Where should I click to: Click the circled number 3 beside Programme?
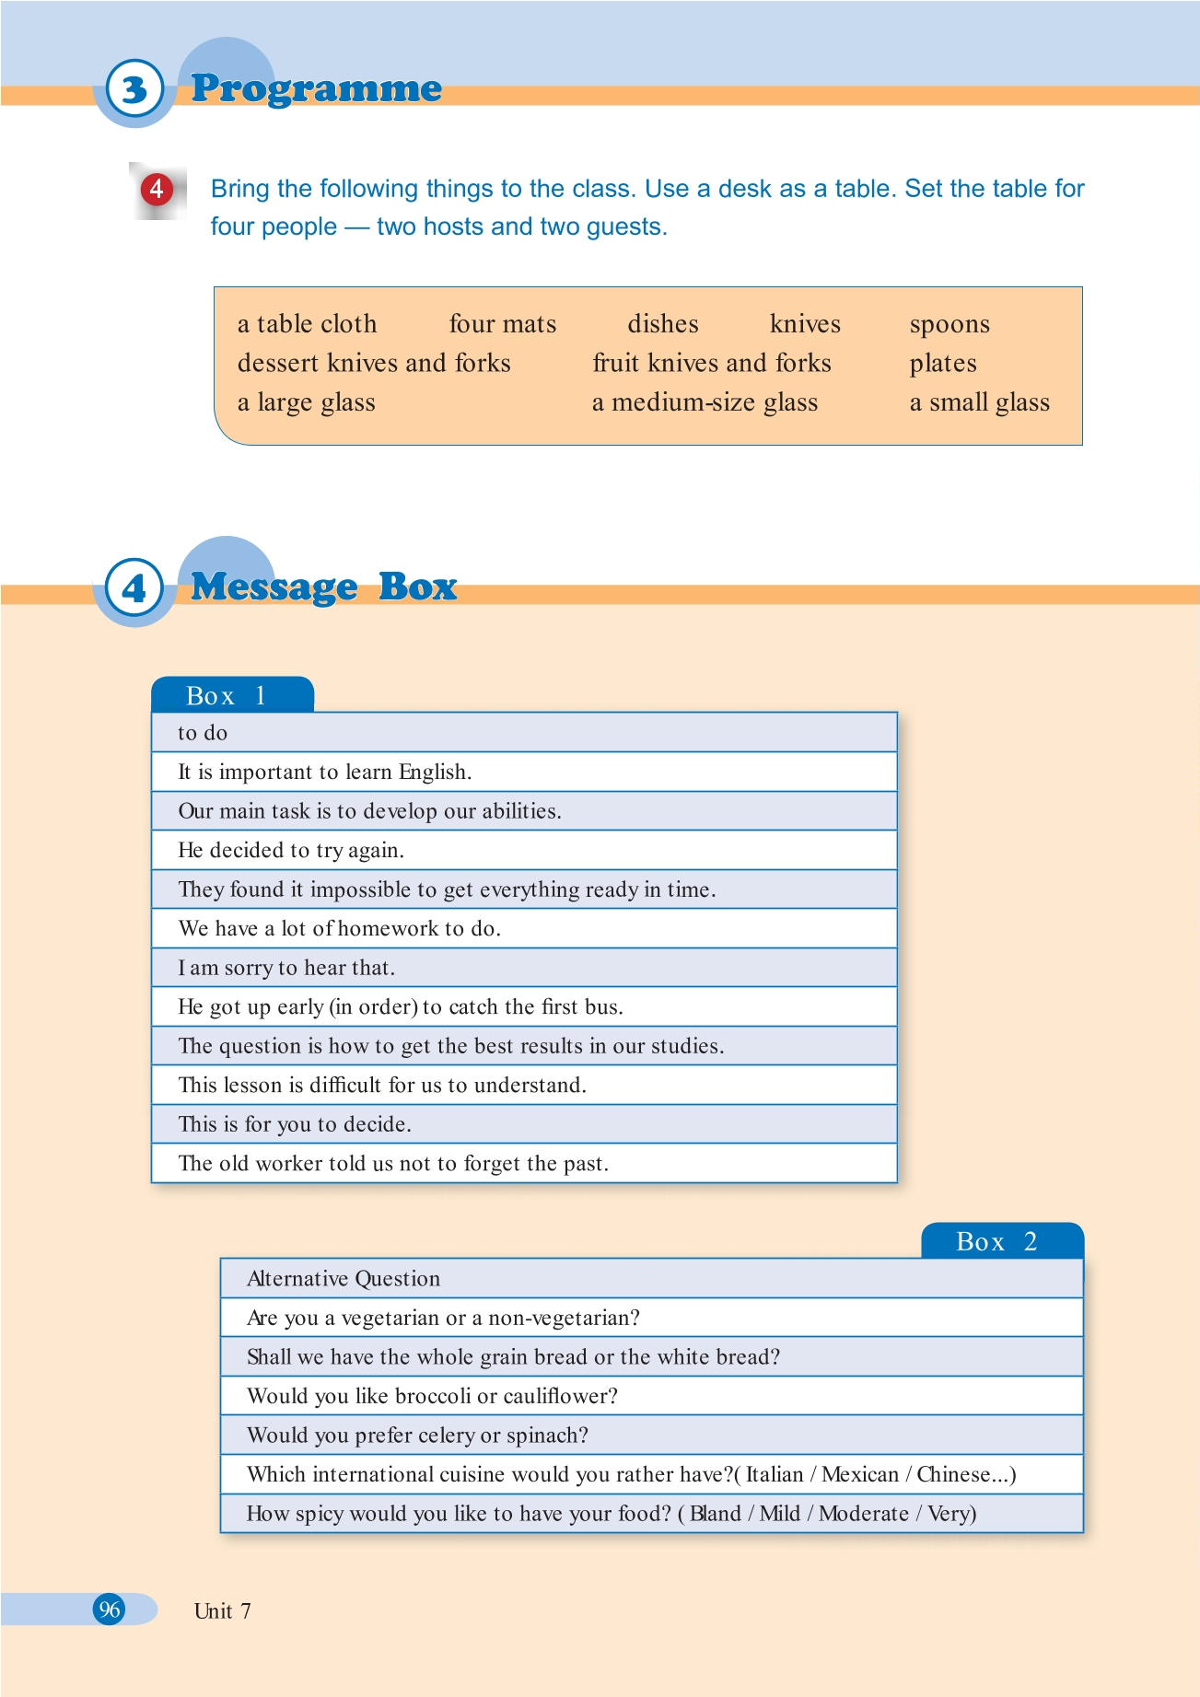pyautogui.click(x=134, y=89)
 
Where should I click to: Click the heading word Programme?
pyautogui.click(x=316, y=88)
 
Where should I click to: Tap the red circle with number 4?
pyautogui.click(x=157, y=189)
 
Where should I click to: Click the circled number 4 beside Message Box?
pyautogui.click(x=134, y=588)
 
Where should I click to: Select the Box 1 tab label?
pyautogui.click(x=227, y=696)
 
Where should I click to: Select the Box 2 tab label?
pyautogui.click(x=997, y=1242)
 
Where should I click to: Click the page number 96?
pyautogui.click(x=110, y=1610)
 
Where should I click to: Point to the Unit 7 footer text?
pyautogui.click(x=222, y=1610)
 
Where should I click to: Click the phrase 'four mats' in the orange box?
pyautogui.click(x=503, y=324)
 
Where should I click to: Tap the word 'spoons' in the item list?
pyautogui.click(x=950, y=324)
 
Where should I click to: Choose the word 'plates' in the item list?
pyautogui.click(x=943, y=364)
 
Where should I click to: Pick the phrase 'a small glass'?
pyautogui.click(x=980, y=402)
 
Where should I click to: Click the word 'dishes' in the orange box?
pyautogui.click(x=663, y=324)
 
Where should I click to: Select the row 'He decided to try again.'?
pyautogui.click(x=291, y=850)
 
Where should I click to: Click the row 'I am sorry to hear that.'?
pyautogui.click(x=286, y=968)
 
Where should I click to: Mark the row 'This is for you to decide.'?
pyautogui.click(x=295, y=1124)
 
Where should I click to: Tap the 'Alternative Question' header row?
pyautogui.click(x=344, y=1279)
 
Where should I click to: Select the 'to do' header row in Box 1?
pyautogui.click(x=203, y=733)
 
